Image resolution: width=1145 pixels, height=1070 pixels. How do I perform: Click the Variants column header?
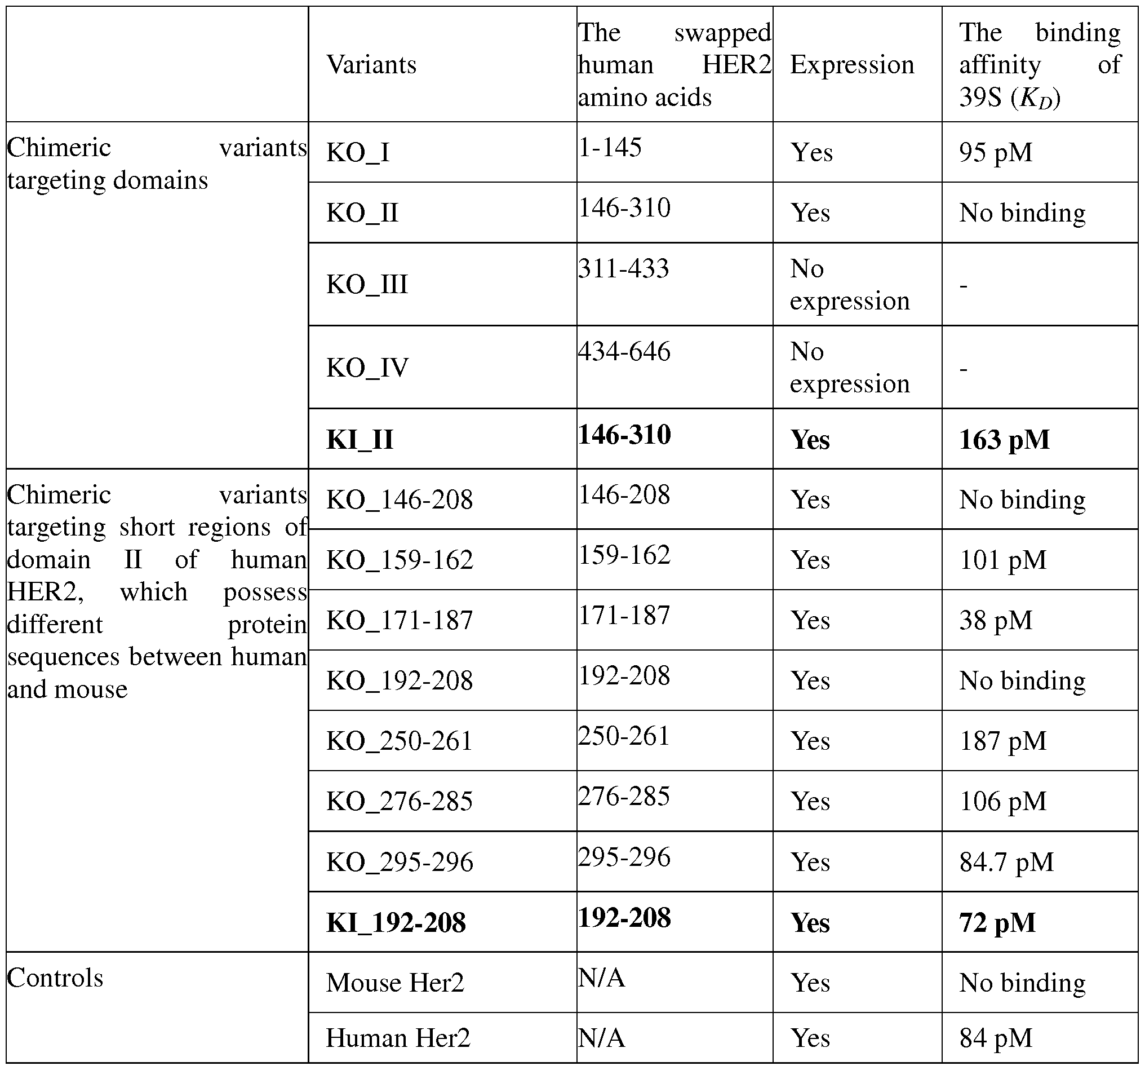click(x=371, y=64)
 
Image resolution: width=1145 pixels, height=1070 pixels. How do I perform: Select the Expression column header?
click(x=851, y=64)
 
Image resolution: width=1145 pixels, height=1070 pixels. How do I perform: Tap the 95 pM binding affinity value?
click(x=995, y=153)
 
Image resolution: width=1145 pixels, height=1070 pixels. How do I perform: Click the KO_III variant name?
click(x=367, y=284)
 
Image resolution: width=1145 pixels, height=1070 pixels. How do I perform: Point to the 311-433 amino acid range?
click(x=624, y=268)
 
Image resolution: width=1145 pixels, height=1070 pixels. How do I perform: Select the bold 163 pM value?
click(x=1004, y=440)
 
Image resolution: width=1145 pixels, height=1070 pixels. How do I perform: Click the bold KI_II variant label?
click(x=360, y=440)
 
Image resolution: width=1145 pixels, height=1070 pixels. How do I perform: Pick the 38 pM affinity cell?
click(x=995, y=621)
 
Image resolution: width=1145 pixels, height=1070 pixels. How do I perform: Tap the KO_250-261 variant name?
click(x=399, y=741)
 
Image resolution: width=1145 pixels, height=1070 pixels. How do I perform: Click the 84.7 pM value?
click(x=1006, y=862)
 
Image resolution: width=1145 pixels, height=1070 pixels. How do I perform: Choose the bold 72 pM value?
click(x=997, y=922)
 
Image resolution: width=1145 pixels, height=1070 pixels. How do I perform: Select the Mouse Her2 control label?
click(x=394, y=983)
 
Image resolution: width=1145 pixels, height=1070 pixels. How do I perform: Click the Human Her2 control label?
click(x=398, y=1038)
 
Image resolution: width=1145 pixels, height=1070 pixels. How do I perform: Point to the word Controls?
click(x=55, y=978)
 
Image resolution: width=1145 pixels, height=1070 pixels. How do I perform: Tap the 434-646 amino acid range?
click(x=624, y=351)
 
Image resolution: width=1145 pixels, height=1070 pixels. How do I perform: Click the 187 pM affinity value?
click(x=1002, y=741)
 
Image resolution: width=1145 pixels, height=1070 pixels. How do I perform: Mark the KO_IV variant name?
click(x=367, y=368)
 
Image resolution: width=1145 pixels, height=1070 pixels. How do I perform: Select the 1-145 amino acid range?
click(x=609, y=148)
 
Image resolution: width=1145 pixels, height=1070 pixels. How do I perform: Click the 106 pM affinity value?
click(x=1002, y=802)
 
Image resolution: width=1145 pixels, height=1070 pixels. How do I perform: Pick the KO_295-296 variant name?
click(x=400, y=862)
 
